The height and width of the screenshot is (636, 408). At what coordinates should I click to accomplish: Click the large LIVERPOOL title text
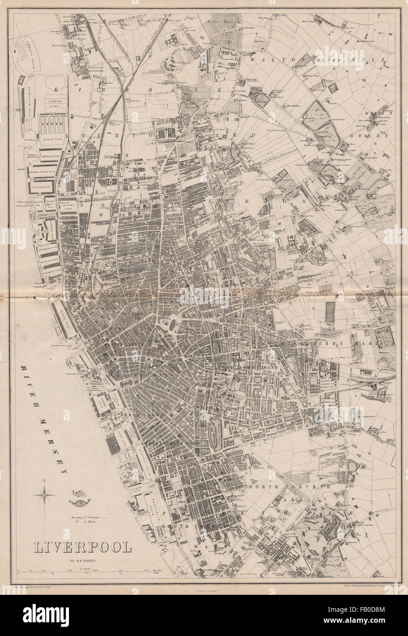pos(81,547)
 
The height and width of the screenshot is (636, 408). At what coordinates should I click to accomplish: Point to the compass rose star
pos(44,495)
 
